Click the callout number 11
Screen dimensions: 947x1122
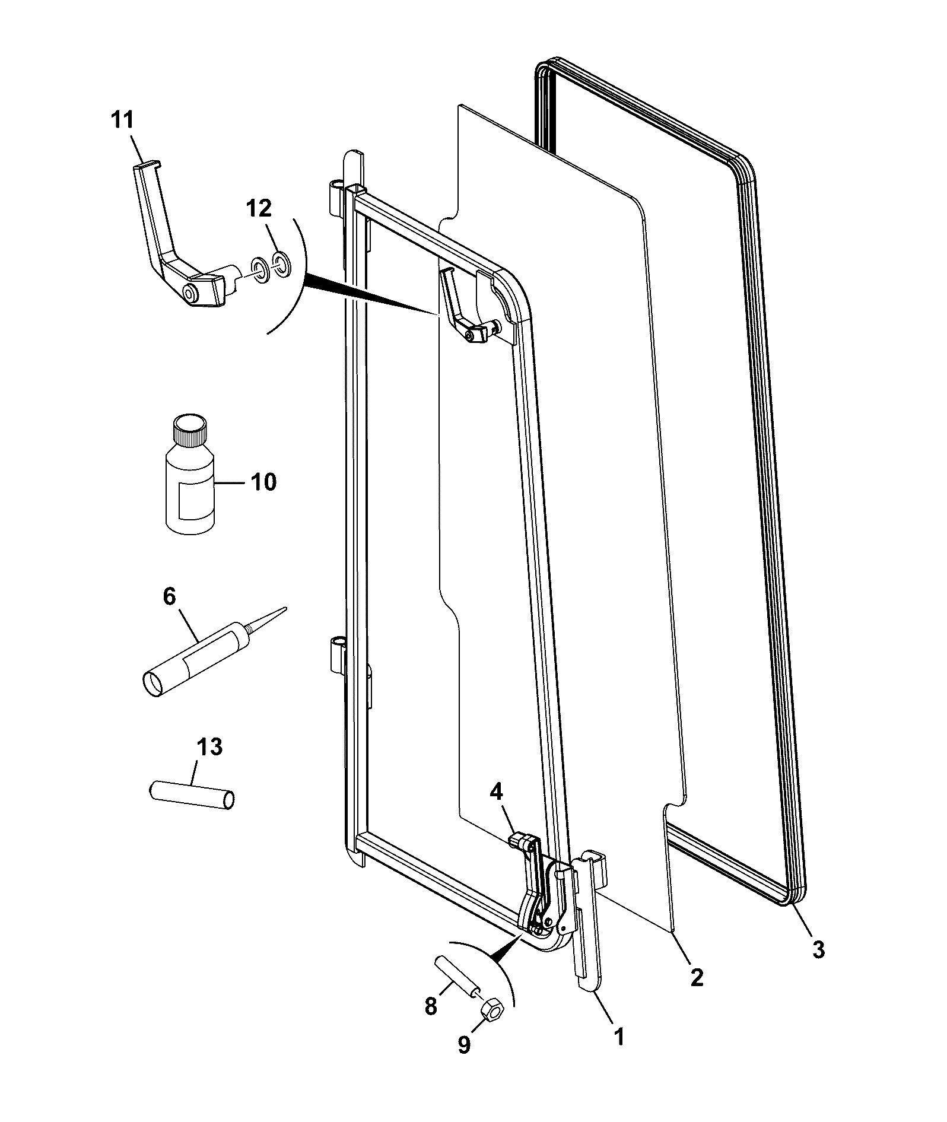click(123, 121)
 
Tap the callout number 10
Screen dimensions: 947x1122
click(263, 482)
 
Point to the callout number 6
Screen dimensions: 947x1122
click(170, 597)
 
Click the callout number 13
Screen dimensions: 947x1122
click(210, 748)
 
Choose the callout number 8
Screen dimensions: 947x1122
click(431, 1006)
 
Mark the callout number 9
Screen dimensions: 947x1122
click(464, 1045)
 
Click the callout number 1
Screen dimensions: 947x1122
click(618, 1036)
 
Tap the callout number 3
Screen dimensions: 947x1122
click(818, 949)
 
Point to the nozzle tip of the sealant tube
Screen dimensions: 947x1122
click(286, 608)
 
